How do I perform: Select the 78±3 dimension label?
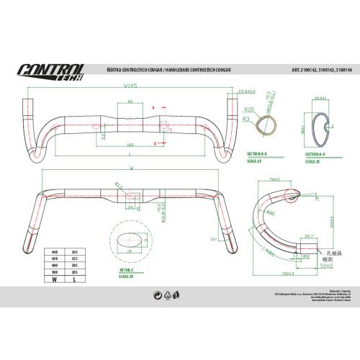coord(274,178)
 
